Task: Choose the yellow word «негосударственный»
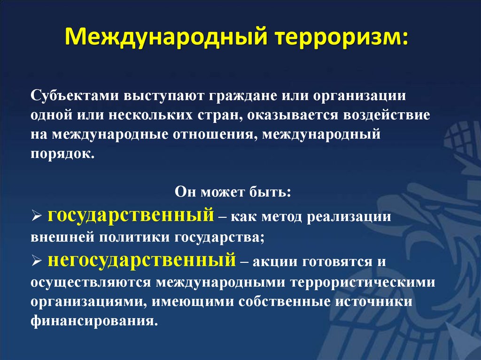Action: [141, 260]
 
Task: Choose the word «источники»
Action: [375, 302]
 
